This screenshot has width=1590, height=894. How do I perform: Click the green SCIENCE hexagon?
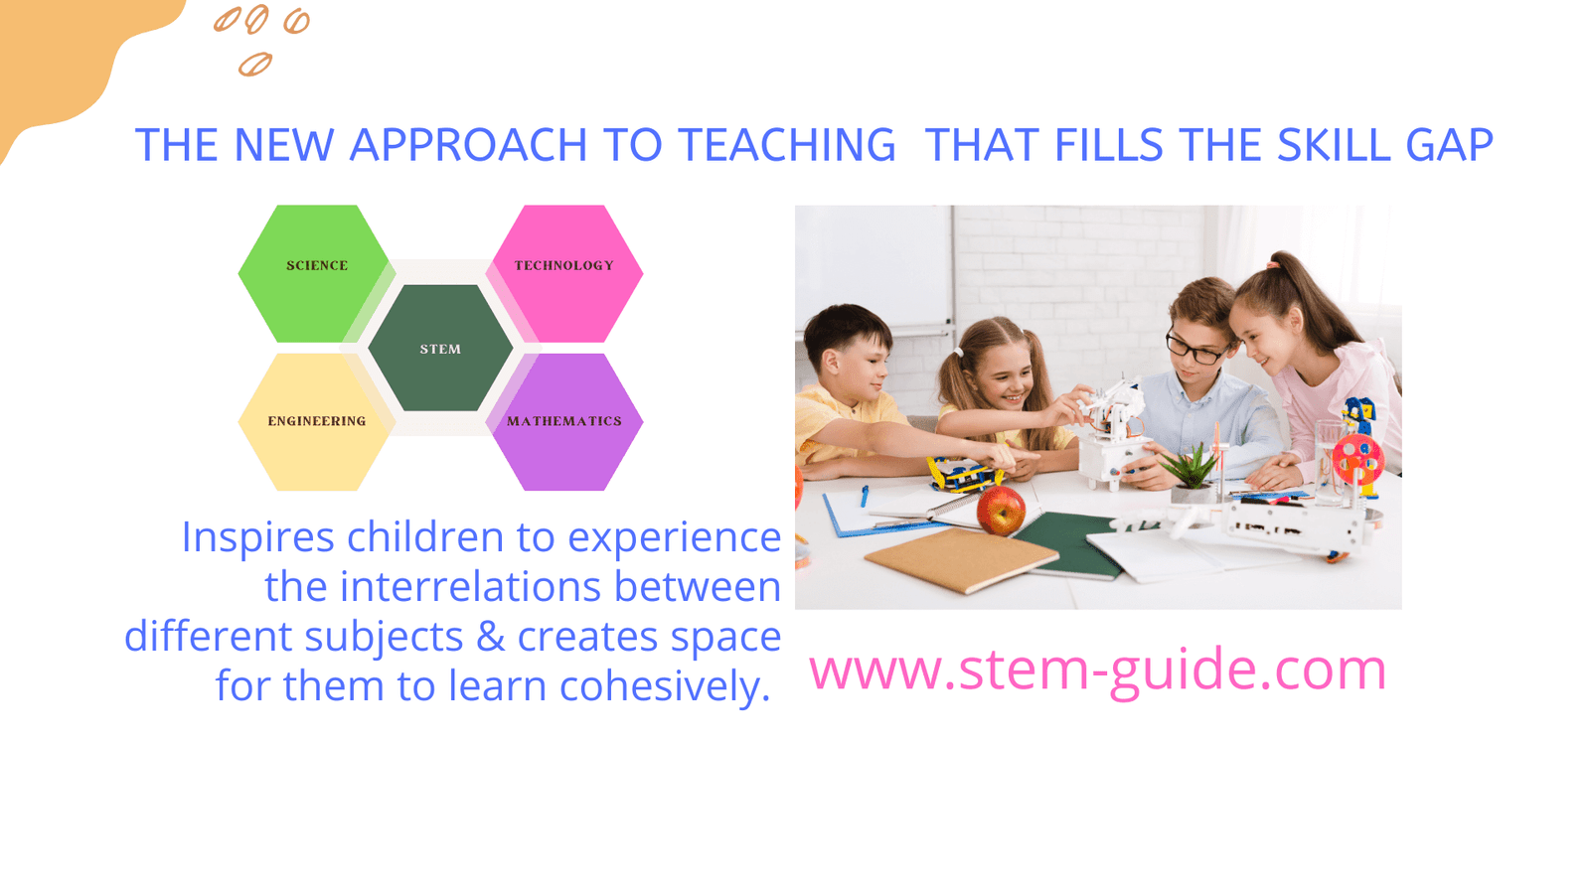pyautogui.click(x=317, y=274)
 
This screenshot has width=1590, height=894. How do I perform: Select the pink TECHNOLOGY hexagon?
pyautogui.click(x=564, y=274)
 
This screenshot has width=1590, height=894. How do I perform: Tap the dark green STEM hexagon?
pyautogui.click(x=440, y=348)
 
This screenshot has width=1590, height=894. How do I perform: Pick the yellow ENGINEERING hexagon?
pyautogui.click(x=317, y=422)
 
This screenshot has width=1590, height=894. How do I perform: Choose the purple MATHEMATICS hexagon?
pyautogui.click(x=564, y=422)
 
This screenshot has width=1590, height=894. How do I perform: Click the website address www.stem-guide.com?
pyautogui.click(x=1097, y=670)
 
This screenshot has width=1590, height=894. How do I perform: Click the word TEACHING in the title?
pyautogui.click(x=786, y=145)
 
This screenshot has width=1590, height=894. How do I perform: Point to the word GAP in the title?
pyautogui.click(x=1450, y=145)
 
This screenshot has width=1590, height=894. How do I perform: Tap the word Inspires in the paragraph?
pyautogui.click(x=257, y=538)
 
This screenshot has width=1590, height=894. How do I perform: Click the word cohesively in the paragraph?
pyautogui.click(x=665, y=686)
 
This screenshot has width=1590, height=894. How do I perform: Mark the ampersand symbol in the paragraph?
pyautogui.click(x=491, y=637)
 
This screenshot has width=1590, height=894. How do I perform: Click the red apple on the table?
pyautogui.click(x=1001, y=509)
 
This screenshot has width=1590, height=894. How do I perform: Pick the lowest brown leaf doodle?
pyautogui.click(x=254, y=65)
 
